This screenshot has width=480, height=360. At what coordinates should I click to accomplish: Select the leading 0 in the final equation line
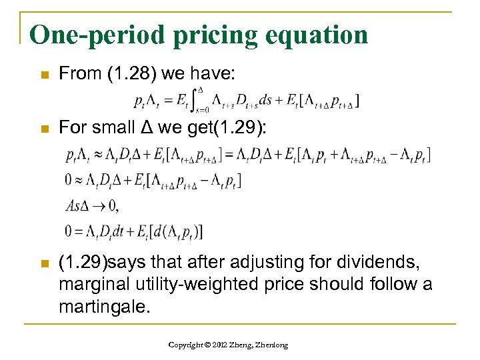(x=69, y=231)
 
